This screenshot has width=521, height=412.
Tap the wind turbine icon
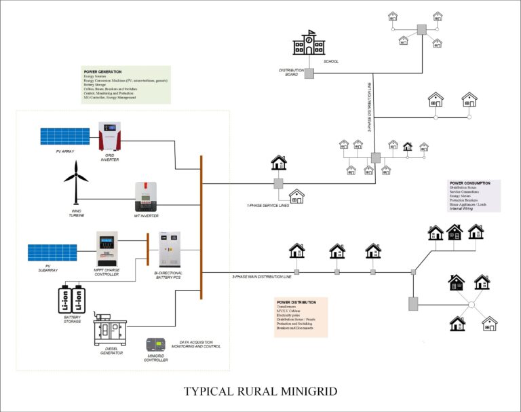[76, 179]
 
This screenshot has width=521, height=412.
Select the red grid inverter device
[111, 136]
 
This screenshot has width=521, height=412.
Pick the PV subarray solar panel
[52, 252]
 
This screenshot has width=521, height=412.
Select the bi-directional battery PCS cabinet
[169, 249]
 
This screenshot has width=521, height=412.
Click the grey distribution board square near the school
[309, 73]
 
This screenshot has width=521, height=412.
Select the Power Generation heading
[103, 71]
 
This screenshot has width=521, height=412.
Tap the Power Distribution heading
[296, 302]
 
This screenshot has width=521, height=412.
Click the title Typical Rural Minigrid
[260, 392]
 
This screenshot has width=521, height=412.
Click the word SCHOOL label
[331, 62]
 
